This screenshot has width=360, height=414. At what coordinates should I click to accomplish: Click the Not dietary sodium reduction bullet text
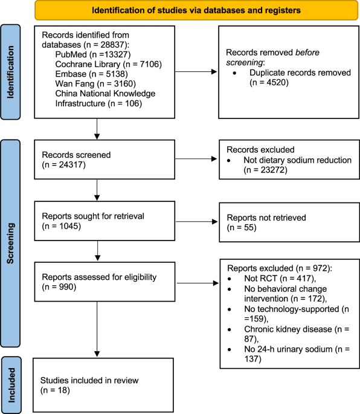click(288, 166)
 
